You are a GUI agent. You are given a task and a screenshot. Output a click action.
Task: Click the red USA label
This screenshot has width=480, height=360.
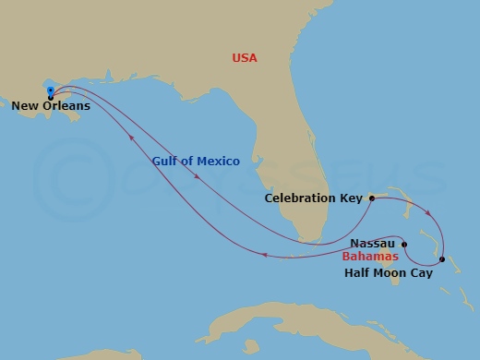click(245, 59)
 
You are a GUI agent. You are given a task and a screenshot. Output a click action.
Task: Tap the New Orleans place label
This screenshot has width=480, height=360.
click(51, 106)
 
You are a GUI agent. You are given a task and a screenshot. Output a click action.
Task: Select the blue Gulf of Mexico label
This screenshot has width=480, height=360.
click(197, 161)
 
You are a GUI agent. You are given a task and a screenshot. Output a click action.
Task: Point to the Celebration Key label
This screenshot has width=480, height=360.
click(314, 198)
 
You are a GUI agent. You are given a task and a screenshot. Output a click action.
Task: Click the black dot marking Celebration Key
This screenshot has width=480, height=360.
click(370, 198)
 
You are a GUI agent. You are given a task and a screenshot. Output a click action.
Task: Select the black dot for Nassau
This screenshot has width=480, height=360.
click(404, 244)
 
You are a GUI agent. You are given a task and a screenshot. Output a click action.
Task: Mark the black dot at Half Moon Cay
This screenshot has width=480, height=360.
click(442, 259)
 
